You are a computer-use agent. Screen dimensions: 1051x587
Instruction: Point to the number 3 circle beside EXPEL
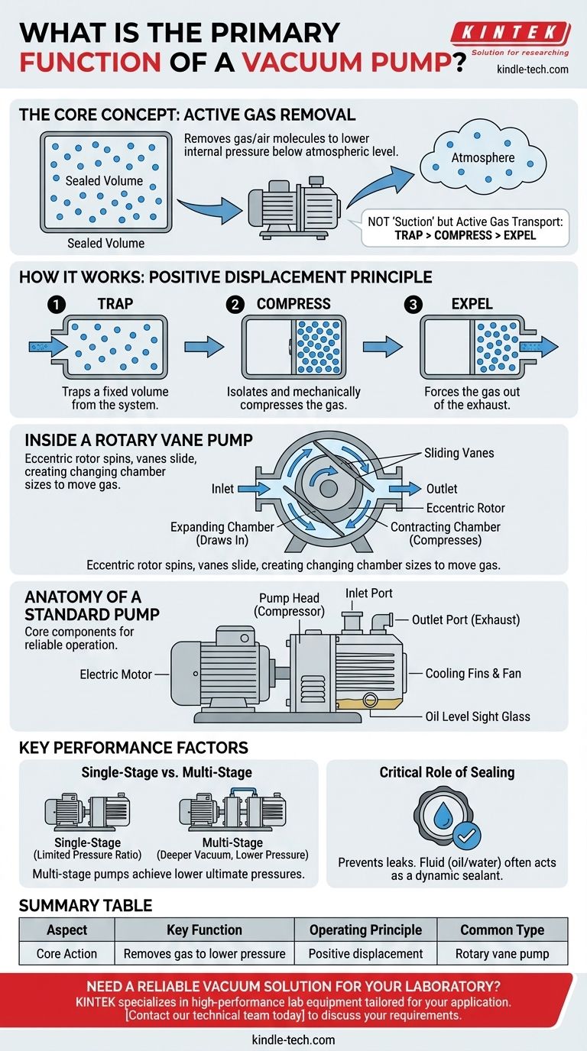[413, 305]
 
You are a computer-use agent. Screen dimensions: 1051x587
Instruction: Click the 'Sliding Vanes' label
[459, 453]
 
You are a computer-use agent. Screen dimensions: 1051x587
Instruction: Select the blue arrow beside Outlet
[404, 489]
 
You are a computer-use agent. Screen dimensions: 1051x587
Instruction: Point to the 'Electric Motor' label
[116, 674]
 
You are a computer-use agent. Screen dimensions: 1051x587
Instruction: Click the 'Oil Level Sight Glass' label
[478, 716]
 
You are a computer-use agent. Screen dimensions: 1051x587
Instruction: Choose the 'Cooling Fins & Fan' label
[467, 674]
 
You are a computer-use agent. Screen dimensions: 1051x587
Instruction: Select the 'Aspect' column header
[67, 930]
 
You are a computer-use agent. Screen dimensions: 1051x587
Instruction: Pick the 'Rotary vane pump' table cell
[502, 953]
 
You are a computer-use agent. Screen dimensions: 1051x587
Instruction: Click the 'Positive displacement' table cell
[365, 953]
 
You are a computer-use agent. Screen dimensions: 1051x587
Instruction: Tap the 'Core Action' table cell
[67, 953]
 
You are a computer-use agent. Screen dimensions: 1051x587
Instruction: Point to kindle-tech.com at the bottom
[293, 1040]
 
